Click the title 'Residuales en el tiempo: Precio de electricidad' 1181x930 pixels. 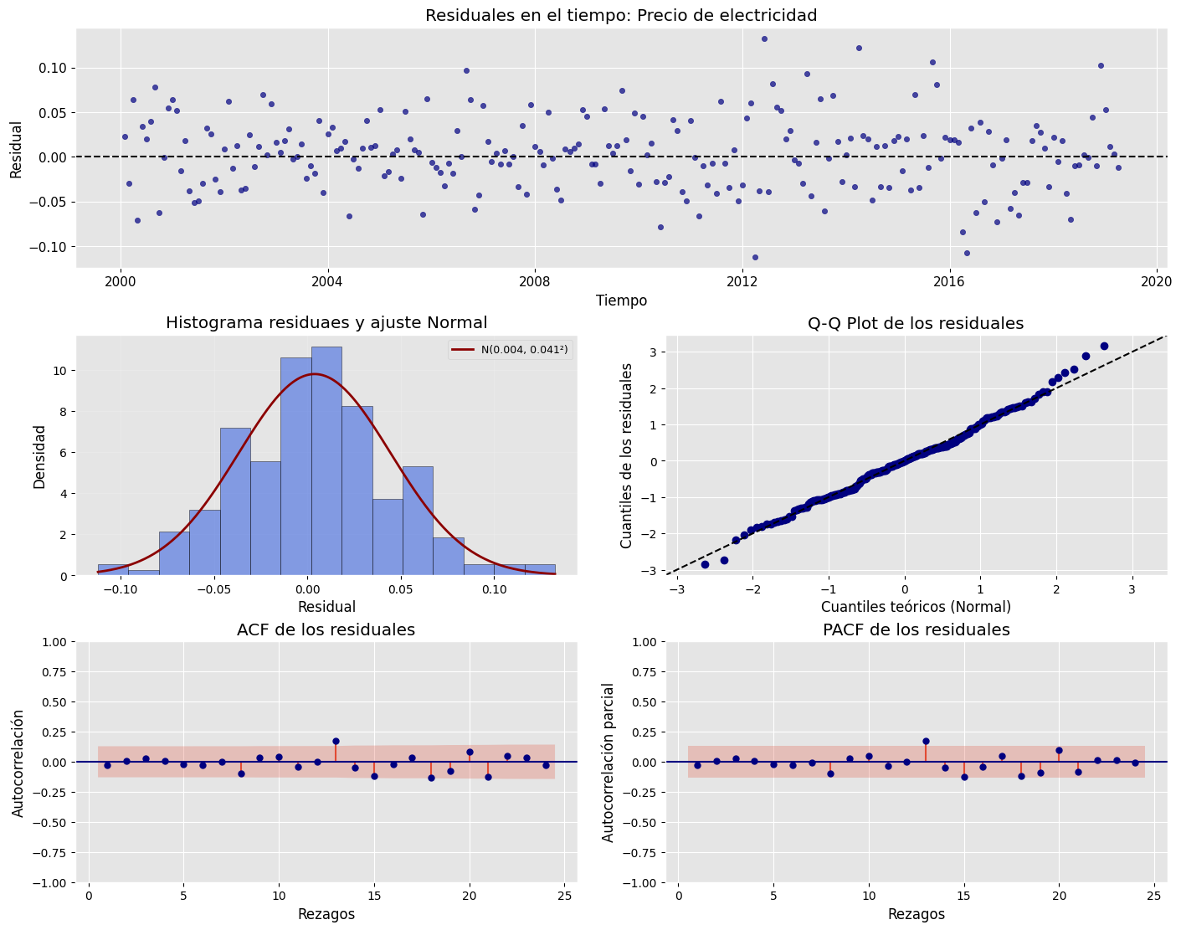point(620,15)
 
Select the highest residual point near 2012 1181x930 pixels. point(764,39)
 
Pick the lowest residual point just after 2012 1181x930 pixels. point(755,257)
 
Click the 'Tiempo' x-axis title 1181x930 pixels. point(621,301)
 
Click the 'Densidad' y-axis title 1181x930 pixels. point(39,456)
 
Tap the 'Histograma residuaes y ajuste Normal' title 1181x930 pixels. point(326,323)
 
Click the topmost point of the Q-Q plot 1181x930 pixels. point(1104,346)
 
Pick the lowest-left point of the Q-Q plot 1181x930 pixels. point(705,564)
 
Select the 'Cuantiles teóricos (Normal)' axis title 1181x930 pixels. point(916,607)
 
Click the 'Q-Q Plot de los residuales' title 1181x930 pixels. point(916,323)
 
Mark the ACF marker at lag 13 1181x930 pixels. point(336,741)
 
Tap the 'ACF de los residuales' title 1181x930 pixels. point(326,629)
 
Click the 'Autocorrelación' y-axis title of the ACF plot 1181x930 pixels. point(18,762)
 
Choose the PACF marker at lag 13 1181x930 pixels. point(926,741)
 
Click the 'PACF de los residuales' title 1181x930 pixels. point(916,629)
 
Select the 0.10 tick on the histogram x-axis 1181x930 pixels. point(495,589)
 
